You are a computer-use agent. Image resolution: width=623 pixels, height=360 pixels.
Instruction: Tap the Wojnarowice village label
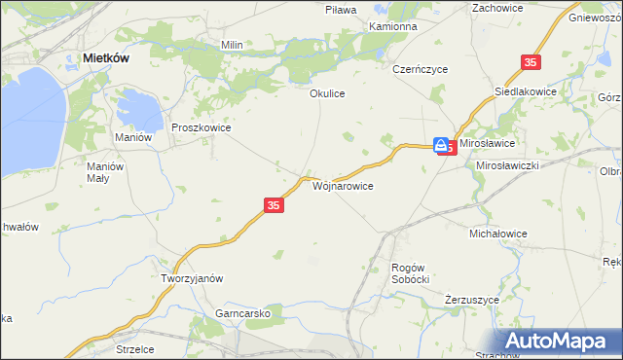(x=342, y=184)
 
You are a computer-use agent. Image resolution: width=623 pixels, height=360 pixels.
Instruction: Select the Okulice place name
(x=328, y=93)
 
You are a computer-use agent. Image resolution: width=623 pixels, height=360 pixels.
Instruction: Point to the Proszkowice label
(x=201, y=126)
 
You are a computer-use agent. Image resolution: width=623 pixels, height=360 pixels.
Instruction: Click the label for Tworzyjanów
(x=192, y=277)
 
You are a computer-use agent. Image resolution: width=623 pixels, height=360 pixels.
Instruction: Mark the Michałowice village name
(x=497, y=234)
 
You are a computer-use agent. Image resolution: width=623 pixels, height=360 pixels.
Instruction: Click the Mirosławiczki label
(x=507, y=165)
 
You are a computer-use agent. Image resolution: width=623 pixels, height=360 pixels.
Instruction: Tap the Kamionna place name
(x=393, y=26)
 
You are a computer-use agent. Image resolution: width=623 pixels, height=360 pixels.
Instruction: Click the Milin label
(x=232, y=45)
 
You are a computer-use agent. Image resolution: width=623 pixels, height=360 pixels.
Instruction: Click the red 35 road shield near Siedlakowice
(x=530, y=62)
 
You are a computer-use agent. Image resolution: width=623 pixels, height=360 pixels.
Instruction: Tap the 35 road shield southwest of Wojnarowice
(x=274, y=205)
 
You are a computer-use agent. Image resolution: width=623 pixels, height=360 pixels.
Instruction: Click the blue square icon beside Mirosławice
(x=442, y=144)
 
